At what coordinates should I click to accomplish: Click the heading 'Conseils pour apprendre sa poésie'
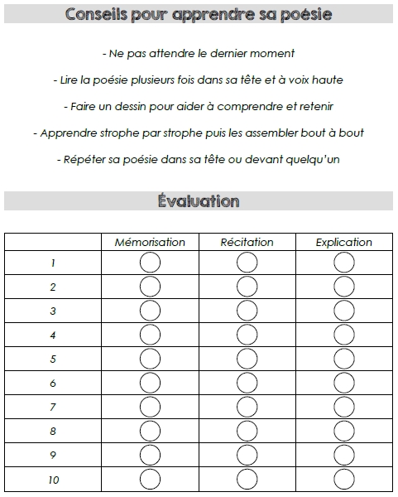point(199,16)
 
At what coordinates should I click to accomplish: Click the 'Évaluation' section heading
point(199,201)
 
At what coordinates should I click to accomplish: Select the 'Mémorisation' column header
point(150,242)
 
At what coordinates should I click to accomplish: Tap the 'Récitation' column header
point(247,242)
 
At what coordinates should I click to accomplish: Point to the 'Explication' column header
point(344,242)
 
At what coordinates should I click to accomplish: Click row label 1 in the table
point(53,263)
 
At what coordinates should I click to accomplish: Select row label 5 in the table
point(53,359)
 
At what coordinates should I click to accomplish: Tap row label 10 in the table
point(53,480)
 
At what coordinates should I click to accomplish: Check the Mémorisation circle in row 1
point(150,263)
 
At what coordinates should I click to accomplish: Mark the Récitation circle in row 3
point(247,311)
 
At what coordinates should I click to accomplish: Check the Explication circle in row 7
point(344,408)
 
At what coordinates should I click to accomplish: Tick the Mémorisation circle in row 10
point(150,480)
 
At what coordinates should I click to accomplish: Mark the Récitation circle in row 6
point(247,384)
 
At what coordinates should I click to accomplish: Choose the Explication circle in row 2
point(344,287)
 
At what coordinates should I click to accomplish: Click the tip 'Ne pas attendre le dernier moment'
point(199,54)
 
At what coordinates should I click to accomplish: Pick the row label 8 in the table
point(53,432)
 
